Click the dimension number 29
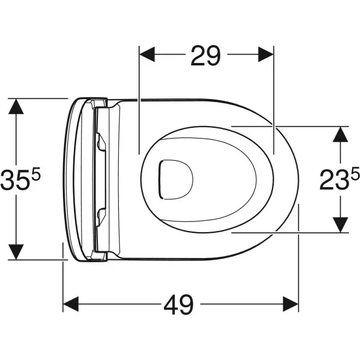pyautogui.click(x=206, y=56)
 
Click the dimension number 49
pyautogui.click(x=179, y=305)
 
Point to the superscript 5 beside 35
pyautogui.click(x=35, y=173)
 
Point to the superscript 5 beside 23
pyautogui.click(x=355, y=173)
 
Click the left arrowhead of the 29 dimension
pyautogui.click(x=147, y=55)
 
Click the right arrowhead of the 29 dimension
pyautogui.click(x=266, y=55)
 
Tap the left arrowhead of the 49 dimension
pyautogui.click(x=71, y=304)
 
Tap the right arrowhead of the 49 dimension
pyautogui.click(x=290, y=304)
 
